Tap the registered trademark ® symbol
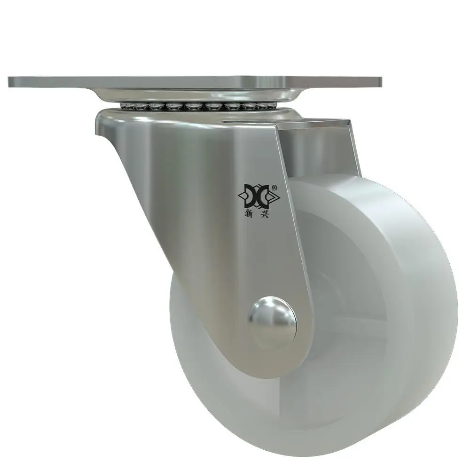click(274, 188)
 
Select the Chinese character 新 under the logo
click(249, 214)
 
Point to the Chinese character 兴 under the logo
click(264, 214)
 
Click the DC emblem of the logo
click(258, 196)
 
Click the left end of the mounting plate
click(9, 82)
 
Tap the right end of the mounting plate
click(381, 81)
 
